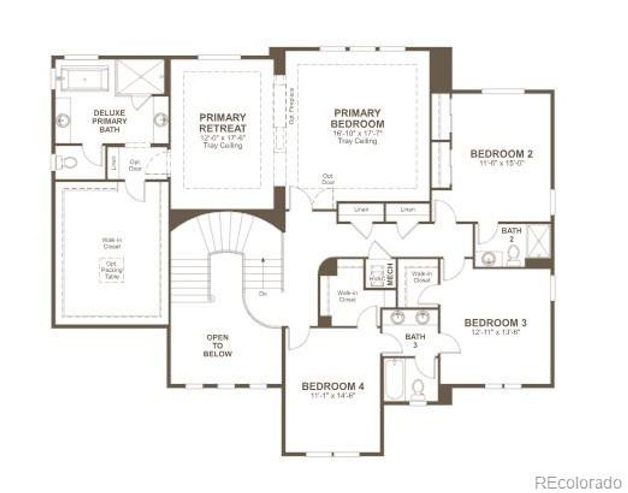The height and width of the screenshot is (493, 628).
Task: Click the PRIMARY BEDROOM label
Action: click(x=357, y=118)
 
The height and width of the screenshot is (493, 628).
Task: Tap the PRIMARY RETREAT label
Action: click(x=222, y=123)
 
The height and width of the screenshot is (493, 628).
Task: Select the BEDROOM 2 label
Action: click(x=501, y=154)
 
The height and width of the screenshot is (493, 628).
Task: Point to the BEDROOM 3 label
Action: click(x=495, y=323)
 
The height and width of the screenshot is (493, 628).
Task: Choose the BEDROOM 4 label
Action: click(x=333, y=386)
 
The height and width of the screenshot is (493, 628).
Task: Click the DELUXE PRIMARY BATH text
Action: click(x=110, y=121)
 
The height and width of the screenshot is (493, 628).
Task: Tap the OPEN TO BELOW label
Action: click(x=217, y=345)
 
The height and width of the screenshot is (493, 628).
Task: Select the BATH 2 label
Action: click(x=511, y=234)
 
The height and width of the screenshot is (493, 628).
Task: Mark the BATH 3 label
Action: click(x=415, y=341)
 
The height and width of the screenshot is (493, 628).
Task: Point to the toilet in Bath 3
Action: click(x=418, y=390)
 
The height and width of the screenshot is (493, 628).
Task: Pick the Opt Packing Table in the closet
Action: click(x=112, y=270)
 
